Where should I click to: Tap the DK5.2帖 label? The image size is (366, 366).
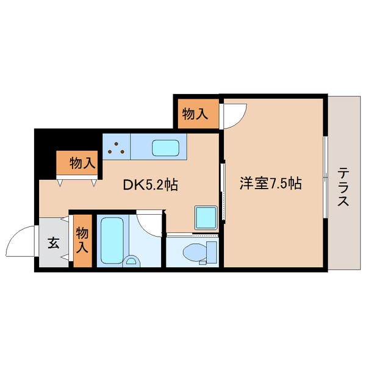[x=150, y=184]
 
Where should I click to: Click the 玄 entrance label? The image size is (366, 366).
[x=53, y=243]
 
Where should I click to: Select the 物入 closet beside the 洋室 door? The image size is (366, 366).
[x=196, y=113]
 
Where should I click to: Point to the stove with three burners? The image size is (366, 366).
[x=117, y=146]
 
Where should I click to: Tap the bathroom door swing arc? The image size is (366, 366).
[x=150, y=223]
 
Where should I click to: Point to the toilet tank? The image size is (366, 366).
[x=212, y=251]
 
